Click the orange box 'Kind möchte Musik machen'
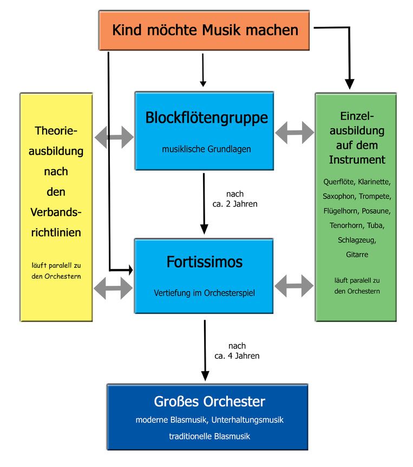(205, 30)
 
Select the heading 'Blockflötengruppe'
(206, 118)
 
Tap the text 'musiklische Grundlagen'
(206, 149)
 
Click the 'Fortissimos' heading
(204, 262)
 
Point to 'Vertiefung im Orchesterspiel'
(204, 293)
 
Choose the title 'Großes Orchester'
(209, 402)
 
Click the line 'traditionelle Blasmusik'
(209, 436)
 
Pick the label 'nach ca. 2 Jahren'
(234, 199)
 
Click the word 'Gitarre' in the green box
(357, 254)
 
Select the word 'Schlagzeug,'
(357, 239)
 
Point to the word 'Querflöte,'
(338, 181)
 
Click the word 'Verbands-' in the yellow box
(56, 212)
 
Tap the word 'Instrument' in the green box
(357, 160)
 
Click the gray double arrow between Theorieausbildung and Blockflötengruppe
(114, 137)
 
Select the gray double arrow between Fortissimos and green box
(294, 285)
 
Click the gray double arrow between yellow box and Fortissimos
(113, 288)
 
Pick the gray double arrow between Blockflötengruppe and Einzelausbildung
(294, 133)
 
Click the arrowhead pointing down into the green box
(349, 83)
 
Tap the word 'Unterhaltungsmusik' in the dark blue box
(248, 419)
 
